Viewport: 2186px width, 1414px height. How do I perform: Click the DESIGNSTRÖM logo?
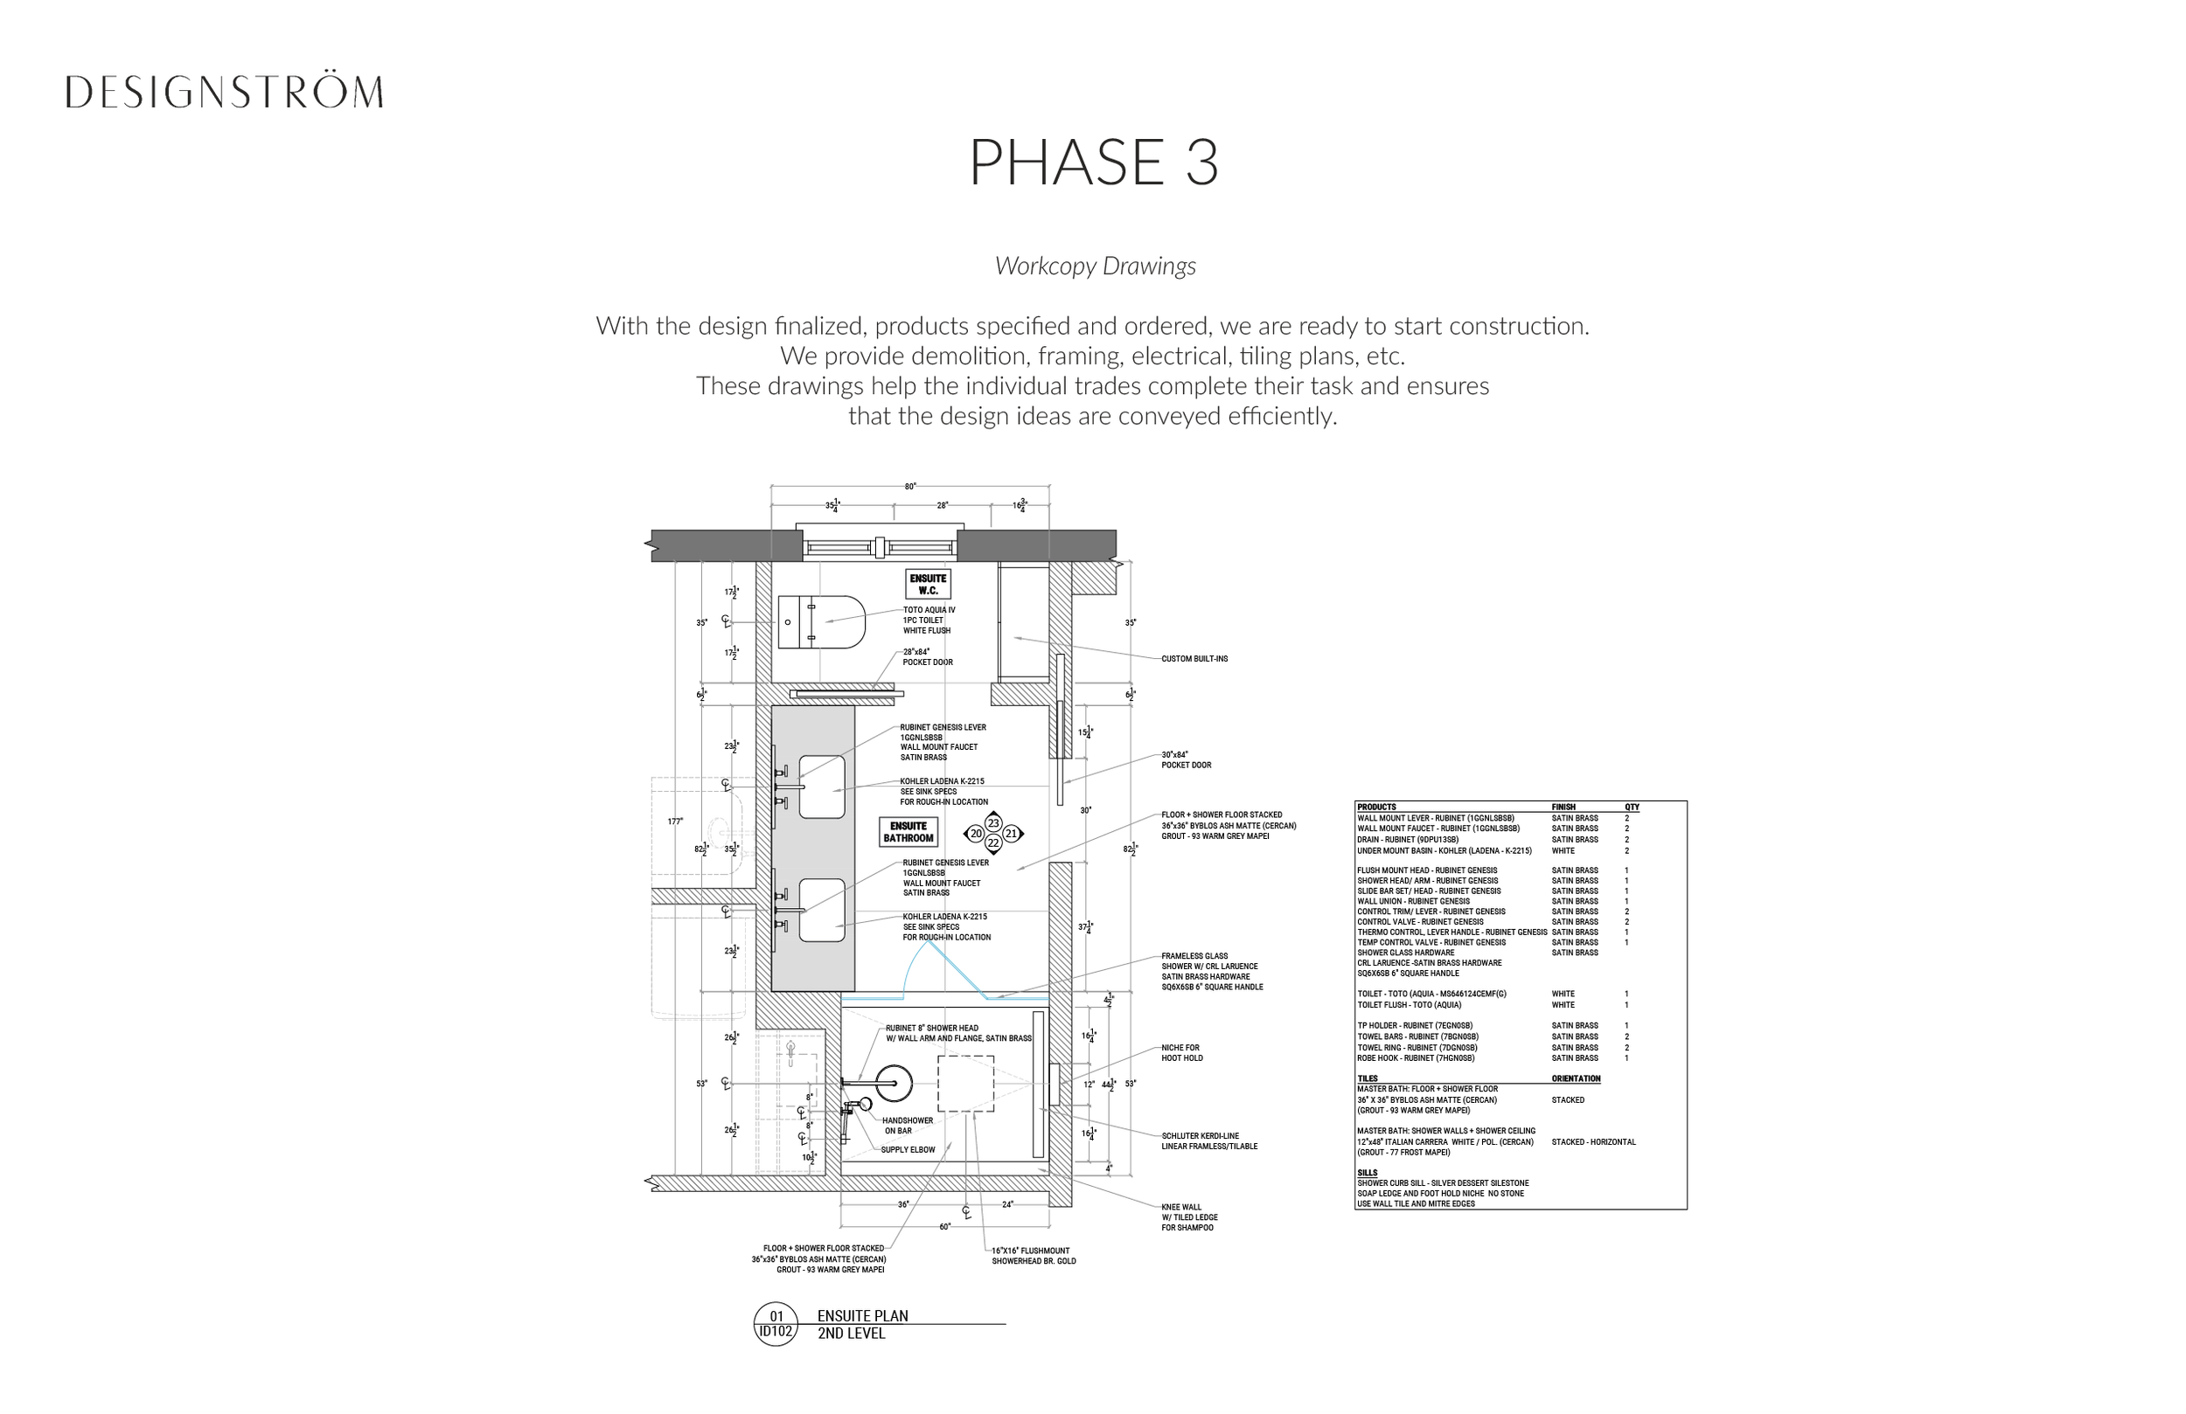point(224,93)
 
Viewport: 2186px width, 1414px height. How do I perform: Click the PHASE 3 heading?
point(1093,163)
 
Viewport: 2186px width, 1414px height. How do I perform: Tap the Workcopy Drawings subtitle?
point(1095,267)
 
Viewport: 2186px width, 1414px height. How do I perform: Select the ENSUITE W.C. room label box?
point(927,584)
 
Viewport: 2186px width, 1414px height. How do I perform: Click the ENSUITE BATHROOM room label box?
point(908,832)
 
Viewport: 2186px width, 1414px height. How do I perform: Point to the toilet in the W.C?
point(821,621)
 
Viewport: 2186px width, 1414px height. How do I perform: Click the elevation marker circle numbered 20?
point(976,834)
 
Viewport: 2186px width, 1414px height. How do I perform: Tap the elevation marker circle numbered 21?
point(1012,834)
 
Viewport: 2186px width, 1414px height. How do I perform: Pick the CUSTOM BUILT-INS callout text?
point(1194,659)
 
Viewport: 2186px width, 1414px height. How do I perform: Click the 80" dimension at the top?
point(909,487)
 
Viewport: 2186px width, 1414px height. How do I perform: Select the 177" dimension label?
point(675,821)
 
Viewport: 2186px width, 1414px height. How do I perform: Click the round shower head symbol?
point(893,1084)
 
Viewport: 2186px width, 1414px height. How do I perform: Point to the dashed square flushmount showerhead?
point(964,1084)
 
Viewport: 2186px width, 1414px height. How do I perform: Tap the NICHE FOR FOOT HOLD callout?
point(1181,1053)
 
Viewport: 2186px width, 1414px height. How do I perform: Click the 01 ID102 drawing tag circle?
point(776,1324)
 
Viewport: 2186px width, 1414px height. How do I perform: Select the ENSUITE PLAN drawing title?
point(862,1316)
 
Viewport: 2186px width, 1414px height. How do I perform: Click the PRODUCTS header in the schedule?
point(1376,808)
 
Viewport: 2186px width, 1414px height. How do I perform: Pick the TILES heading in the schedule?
point(1368,1079)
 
